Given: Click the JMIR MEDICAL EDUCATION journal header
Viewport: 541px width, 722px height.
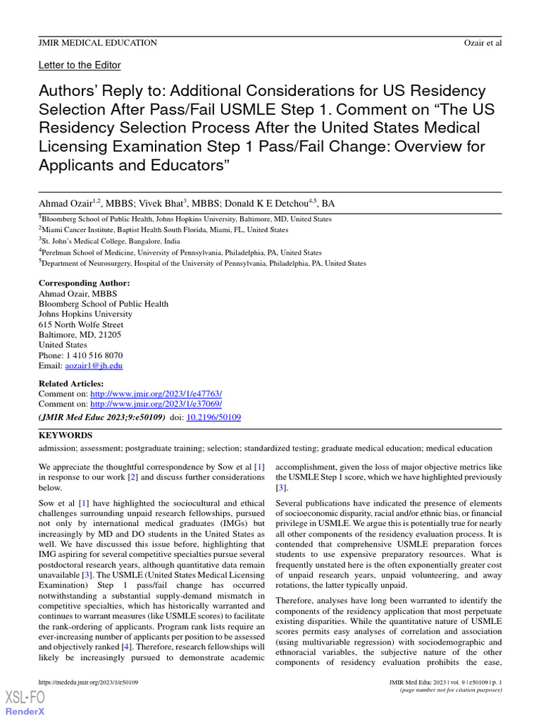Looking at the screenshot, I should coord(97,43).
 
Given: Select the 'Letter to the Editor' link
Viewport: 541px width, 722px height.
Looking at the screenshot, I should coord(80,65).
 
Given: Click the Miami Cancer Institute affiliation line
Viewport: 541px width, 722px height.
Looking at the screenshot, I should coord(165,230).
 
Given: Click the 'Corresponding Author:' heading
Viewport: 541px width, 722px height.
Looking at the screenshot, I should coord(84,283).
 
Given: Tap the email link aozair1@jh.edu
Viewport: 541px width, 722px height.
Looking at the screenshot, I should coord(94,366).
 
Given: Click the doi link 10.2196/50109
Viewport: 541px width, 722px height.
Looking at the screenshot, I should coord(213,417).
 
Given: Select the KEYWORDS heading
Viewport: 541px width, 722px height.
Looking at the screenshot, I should coord(65,435).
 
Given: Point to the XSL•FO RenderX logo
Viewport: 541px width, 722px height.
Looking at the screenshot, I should coord(25,702).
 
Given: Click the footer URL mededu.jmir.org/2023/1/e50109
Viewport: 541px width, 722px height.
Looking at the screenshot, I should coord(88,683).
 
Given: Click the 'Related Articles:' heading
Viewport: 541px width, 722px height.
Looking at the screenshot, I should coord(71,383).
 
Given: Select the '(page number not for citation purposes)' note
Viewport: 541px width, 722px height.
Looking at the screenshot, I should coord(450,690).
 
